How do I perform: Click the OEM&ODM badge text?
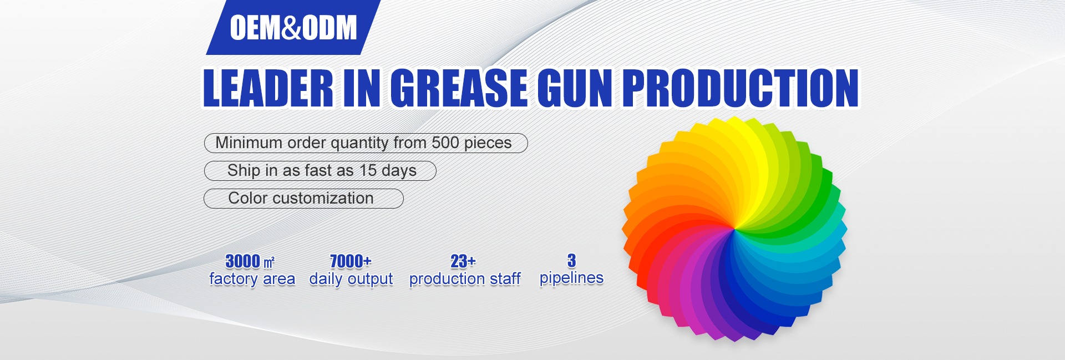tap(293, 28)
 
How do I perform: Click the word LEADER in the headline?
tap(268, 88)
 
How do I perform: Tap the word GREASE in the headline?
tap(459, 88)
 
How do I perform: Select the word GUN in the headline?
tap(575, 88)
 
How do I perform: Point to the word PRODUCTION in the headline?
tap(741, 88)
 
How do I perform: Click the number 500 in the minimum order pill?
tap(445, 143)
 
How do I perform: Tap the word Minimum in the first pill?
tap(249, 143)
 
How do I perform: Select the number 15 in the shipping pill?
tap(368, 170)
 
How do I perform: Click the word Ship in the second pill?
tap(244, 171)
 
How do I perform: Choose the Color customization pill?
tap(303, 199)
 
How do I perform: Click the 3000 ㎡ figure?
tap(250, 261)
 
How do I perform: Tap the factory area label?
tap(252, 279)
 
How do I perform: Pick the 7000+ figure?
tap(351, 261)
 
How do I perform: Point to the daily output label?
tap(351, 279)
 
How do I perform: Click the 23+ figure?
tap(463, 261)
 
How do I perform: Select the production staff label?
tap(465, 279)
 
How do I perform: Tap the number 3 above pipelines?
tap(571, 260)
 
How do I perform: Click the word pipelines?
tap(571, 278)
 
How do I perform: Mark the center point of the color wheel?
tap(734, 229)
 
